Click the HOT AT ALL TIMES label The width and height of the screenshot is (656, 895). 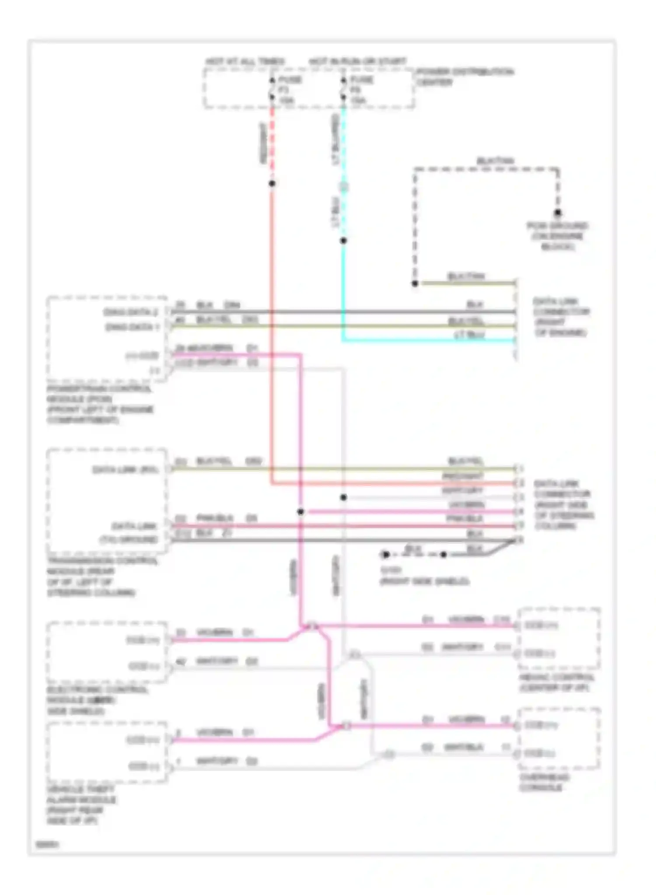(245, 61)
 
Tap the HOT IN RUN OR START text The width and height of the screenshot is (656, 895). (357, 61)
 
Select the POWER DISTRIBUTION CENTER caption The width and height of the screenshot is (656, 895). (464, 76)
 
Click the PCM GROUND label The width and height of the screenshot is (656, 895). (557, 236)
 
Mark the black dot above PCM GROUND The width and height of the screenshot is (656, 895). (558, 213)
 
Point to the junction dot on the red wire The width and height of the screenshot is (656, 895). (272, 184)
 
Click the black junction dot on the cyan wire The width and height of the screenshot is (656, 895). (343, 240)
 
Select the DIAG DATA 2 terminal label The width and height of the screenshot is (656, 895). (130, 312)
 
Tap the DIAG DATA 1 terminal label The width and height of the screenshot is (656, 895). (132, 327)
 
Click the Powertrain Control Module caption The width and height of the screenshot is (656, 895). (100, 404)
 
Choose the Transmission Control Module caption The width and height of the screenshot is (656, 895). (102, 576)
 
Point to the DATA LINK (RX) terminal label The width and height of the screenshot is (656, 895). (125, 469)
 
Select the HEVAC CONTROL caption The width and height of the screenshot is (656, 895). (557, 683)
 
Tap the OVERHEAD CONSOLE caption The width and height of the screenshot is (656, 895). (544, 782)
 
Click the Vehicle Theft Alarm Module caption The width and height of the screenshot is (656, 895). (81, 805)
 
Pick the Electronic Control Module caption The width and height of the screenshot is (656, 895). (97, 700)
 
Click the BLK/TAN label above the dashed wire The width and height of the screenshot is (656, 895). (495, 161)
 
